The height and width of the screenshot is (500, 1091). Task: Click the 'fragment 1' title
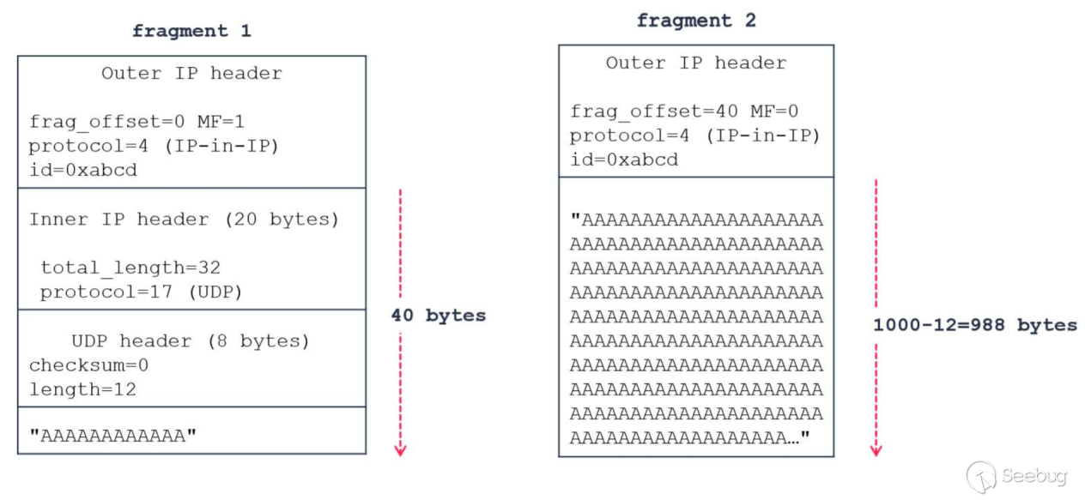click(191, 31)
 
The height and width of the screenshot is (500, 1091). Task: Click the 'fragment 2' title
click(696, 21)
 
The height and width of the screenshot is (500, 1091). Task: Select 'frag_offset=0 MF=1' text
click(136, 122)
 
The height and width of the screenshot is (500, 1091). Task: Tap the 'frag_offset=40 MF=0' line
click(684, 111)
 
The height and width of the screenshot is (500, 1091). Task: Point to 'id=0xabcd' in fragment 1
click(83, 170)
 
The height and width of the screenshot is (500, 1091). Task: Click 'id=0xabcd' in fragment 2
click(624, 160)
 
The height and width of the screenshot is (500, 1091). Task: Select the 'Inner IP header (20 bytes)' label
click(184, 220)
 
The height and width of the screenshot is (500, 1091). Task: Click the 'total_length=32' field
click(130, 268)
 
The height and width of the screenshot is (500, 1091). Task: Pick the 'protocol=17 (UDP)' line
click(142, 292)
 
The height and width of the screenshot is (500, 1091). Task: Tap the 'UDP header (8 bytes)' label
click(191, 341)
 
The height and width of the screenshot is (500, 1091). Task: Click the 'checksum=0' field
click(88, 365)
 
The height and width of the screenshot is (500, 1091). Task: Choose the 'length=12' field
click(82, 389)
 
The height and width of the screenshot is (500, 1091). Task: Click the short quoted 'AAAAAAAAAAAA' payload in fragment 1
click(112, 436)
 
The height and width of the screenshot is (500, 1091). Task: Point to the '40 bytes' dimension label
click(439, 316)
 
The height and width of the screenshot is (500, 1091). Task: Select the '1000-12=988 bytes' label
click(975, 325)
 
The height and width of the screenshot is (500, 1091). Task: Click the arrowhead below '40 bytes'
click(400, 451)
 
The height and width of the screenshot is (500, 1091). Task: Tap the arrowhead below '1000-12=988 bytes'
click(876, 451)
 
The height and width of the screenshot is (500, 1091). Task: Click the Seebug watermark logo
click(982, 477)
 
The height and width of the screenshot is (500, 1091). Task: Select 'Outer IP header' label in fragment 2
click(696, 63)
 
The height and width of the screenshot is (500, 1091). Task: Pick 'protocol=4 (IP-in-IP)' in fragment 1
click(154, 146)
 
